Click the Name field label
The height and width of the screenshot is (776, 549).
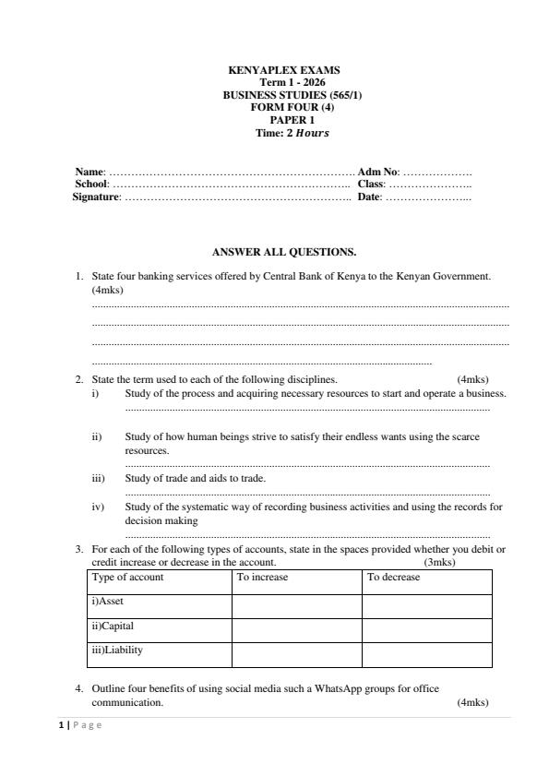(x=90, y=172)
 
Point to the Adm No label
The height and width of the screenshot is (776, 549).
(x=377, y=172)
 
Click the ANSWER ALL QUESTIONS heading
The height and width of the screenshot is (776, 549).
(x=283, y=251)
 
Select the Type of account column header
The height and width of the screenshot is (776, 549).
(x=127, y=577)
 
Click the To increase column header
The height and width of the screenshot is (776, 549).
(x=262, y=577)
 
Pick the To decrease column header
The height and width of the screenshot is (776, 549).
(x=393, y=577)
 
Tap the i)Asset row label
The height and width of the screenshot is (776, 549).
(x=107, y=601)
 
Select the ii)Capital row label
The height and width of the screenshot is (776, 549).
(x=113, y=626)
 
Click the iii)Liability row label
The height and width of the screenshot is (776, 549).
(x=117, y=650)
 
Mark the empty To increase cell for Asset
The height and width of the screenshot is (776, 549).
(x=296, y=605)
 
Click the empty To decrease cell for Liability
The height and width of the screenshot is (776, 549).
(x=426, y=654)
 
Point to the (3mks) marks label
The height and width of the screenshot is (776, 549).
(x=439, y=562)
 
